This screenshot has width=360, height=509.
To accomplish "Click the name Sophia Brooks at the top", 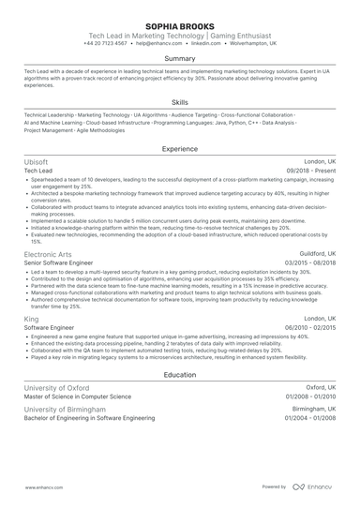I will (x=180, y=25).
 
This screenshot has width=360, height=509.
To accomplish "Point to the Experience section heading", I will (x=180, y=149).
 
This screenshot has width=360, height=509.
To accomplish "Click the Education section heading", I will (x=180, y=375).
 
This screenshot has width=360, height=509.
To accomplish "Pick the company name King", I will (x=31, y=318).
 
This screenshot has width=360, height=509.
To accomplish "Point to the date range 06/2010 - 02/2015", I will (x=308, y=327).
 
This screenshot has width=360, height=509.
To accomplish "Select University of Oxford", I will (x=56, y=387).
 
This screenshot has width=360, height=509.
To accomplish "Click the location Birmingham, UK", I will (x=314, y=409).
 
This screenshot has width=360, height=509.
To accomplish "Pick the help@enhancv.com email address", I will (x=157, y=43).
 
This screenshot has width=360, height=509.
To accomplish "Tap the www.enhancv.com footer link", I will (x=43, y=487).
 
